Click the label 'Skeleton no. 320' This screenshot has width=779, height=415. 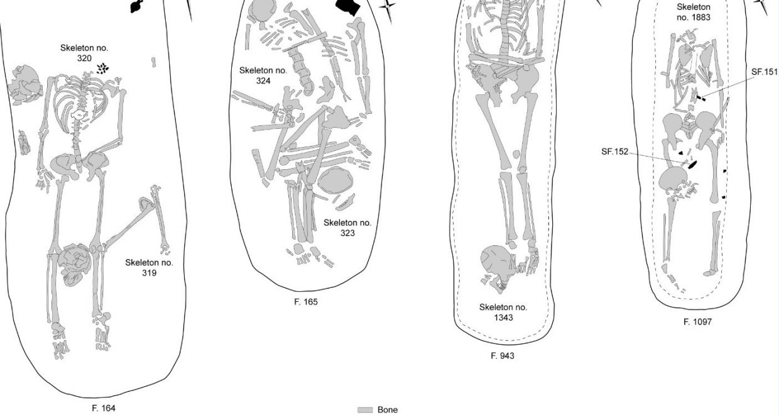[84, 53]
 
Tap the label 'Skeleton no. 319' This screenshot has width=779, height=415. [149, 268]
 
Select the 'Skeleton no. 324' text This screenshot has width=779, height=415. [263, 75]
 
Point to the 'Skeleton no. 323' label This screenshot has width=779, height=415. [347, 228]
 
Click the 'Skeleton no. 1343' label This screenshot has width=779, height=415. [503, 313]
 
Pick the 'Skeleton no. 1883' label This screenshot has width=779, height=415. [694, 12]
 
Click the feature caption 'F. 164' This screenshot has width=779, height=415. [104, 408]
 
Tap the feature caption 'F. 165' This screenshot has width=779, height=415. [306, 302]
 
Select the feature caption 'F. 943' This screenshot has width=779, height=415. [502, 355]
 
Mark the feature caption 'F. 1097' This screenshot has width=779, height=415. [697, 322]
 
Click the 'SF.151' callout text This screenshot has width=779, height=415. [765, 72]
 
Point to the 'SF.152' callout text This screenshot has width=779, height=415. [615, 152]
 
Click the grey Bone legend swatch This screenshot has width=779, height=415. [365, 410]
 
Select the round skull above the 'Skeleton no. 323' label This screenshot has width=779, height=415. [335, 181]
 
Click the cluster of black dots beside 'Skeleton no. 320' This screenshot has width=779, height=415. [102, 69]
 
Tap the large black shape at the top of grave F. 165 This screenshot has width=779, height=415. [349, 7]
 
